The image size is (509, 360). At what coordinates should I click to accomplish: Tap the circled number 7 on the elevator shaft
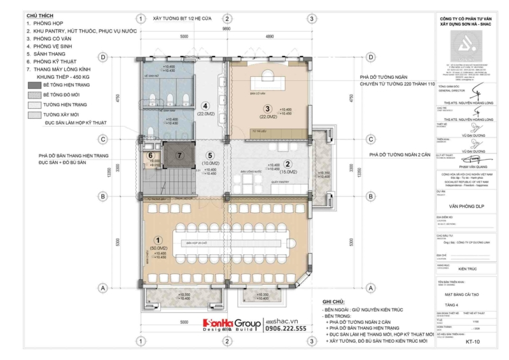pyautogui.click(x=179, y=155)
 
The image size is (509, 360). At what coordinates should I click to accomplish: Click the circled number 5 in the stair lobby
pyautogui.click(x=207, y=155)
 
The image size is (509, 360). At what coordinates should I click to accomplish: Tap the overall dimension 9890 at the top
pyautogui.click(x=226, y=29)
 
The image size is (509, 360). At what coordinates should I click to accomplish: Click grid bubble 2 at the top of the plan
pyautogui.click(x=226, y=18)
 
